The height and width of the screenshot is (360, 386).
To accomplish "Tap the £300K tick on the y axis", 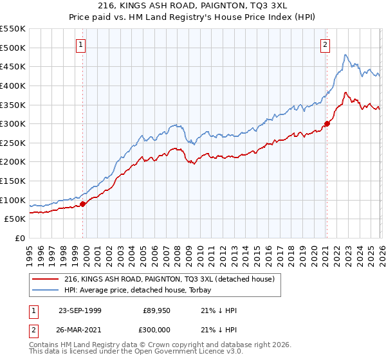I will pyautogui.click(x=13, y=123).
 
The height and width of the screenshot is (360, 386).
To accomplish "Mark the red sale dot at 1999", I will pyautogui.click(x=83, y=204).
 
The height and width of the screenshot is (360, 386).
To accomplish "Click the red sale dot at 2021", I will pyautogui.click(x=327, y=123).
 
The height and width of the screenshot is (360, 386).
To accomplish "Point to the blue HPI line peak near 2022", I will pyautogui.click(x=345, y=55).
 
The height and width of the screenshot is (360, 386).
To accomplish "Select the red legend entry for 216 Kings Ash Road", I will pyautogui.click(x=169, y=279).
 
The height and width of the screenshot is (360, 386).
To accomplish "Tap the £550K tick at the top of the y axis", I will pyautogui.click(x=13, y=29).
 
